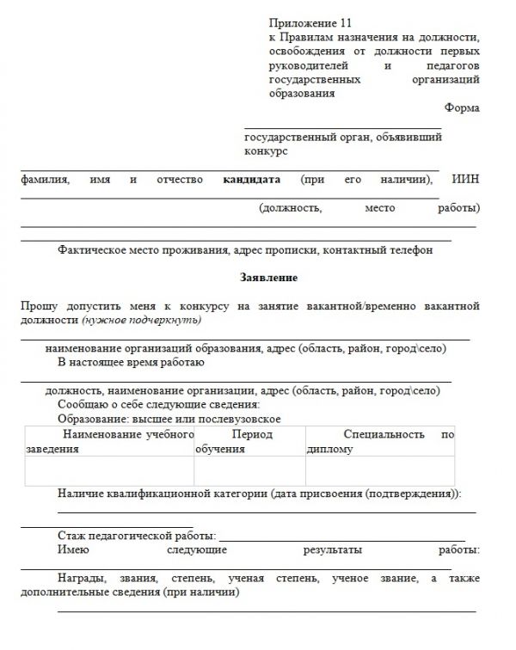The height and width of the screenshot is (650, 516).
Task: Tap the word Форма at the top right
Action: (x=462, y=107)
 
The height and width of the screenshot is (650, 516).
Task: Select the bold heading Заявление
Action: (x=269, y=279)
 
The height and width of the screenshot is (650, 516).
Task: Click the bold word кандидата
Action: (x=252, y=180)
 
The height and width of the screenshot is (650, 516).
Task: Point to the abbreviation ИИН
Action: (x=465, y=180)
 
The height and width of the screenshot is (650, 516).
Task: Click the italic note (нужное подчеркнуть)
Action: (x=142, y=320)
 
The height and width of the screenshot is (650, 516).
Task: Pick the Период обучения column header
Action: (x=249, y=441)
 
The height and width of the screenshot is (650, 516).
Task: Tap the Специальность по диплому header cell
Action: (x=380, y=441)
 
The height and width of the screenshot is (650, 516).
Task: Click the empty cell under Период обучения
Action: (x=249, y=471)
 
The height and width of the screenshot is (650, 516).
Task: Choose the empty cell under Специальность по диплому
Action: (x=380, y=471)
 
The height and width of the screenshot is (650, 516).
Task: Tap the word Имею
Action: (x=73, y=550)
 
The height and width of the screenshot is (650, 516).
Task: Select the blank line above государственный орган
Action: (x=342, y=127)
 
